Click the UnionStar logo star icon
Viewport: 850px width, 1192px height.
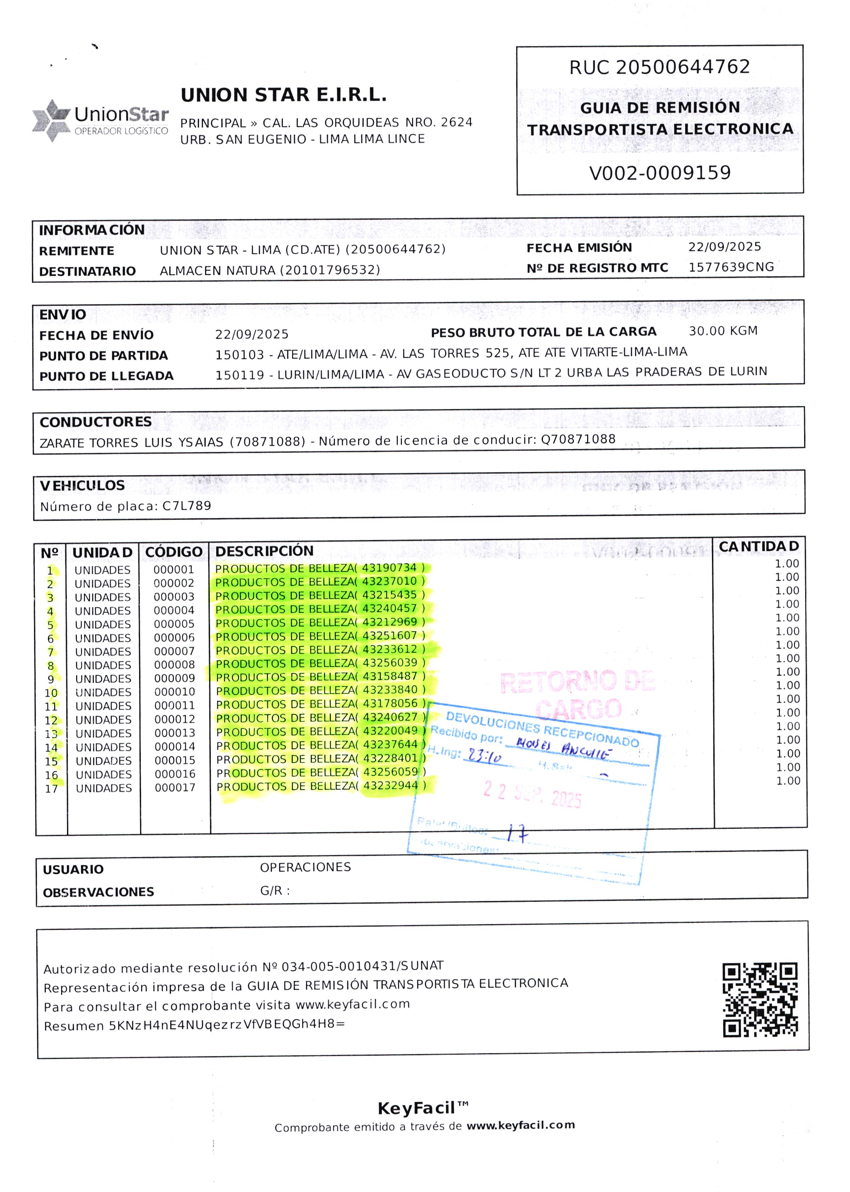point(51,120)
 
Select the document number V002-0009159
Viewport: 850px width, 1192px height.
point(660,173)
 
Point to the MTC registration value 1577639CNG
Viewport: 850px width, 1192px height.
point(731,267)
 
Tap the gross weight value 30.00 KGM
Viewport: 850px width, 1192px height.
point(723,331)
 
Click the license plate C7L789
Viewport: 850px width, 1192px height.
point(187,506)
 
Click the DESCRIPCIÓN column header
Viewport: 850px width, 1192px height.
point(264,551)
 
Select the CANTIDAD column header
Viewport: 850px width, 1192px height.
point(759,546)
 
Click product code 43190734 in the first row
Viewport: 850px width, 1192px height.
point(389,568)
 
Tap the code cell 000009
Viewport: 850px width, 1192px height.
point(174,678)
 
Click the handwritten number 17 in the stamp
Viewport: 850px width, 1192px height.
point(517,833)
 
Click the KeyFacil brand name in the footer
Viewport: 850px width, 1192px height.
point(416,1108)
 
